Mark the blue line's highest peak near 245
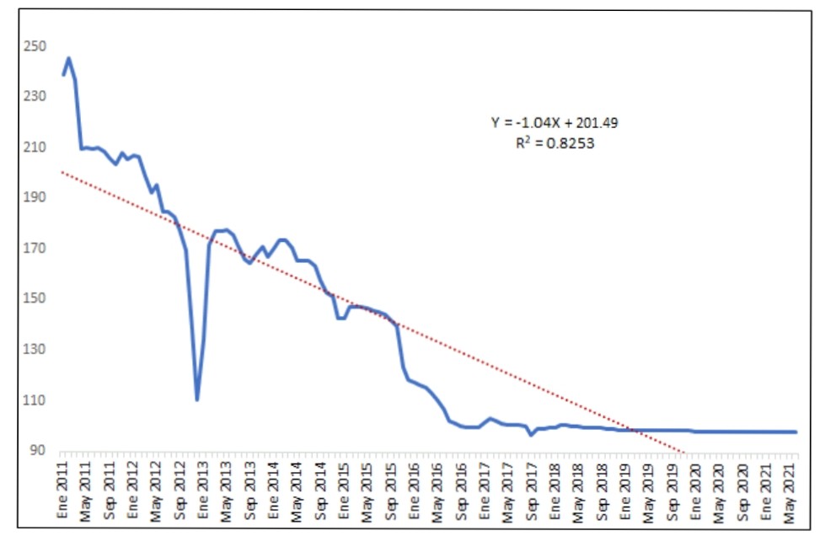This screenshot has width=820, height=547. pos(68,58)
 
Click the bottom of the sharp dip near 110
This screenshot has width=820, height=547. pos(196,400)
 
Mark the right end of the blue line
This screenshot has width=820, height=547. pos(796,432)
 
